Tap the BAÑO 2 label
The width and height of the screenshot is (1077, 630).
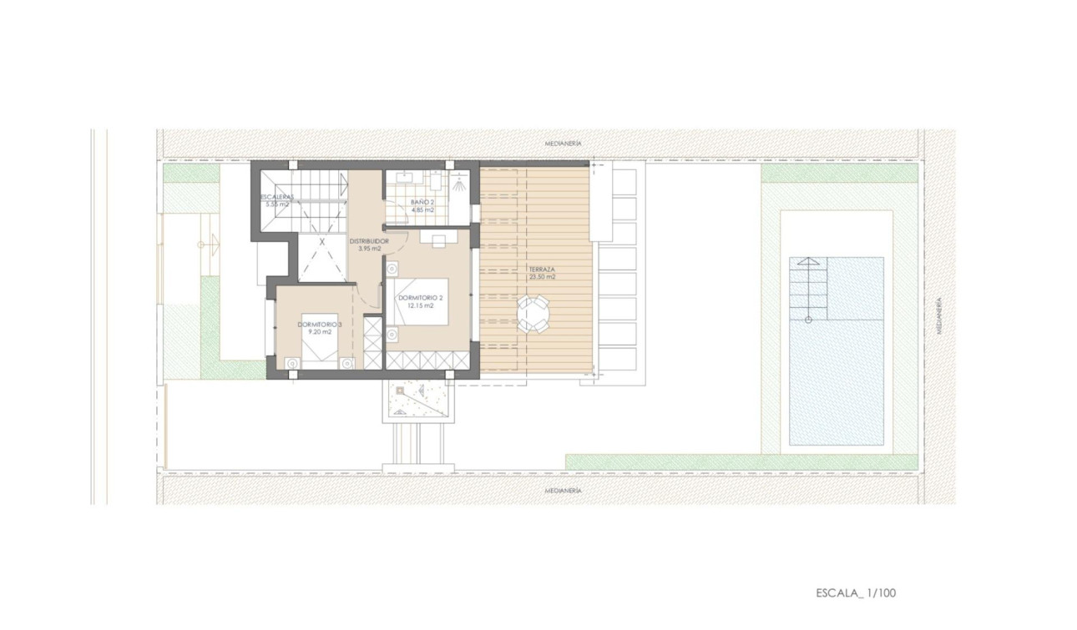coord(422,202)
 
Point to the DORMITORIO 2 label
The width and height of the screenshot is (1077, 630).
coord(421,297)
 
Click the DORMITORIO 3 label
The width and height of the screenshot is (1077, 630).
coord(320,324)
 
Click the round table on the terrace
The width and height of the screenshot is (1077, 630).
coord(534,315)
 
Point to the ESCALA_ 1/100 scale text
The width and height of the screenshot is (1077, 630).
coord(857,593)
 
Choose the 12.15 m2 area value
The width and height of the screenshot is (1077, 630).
coord(421,305)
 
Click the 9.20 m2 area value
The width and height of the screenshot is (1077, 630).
coord(320,332)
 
